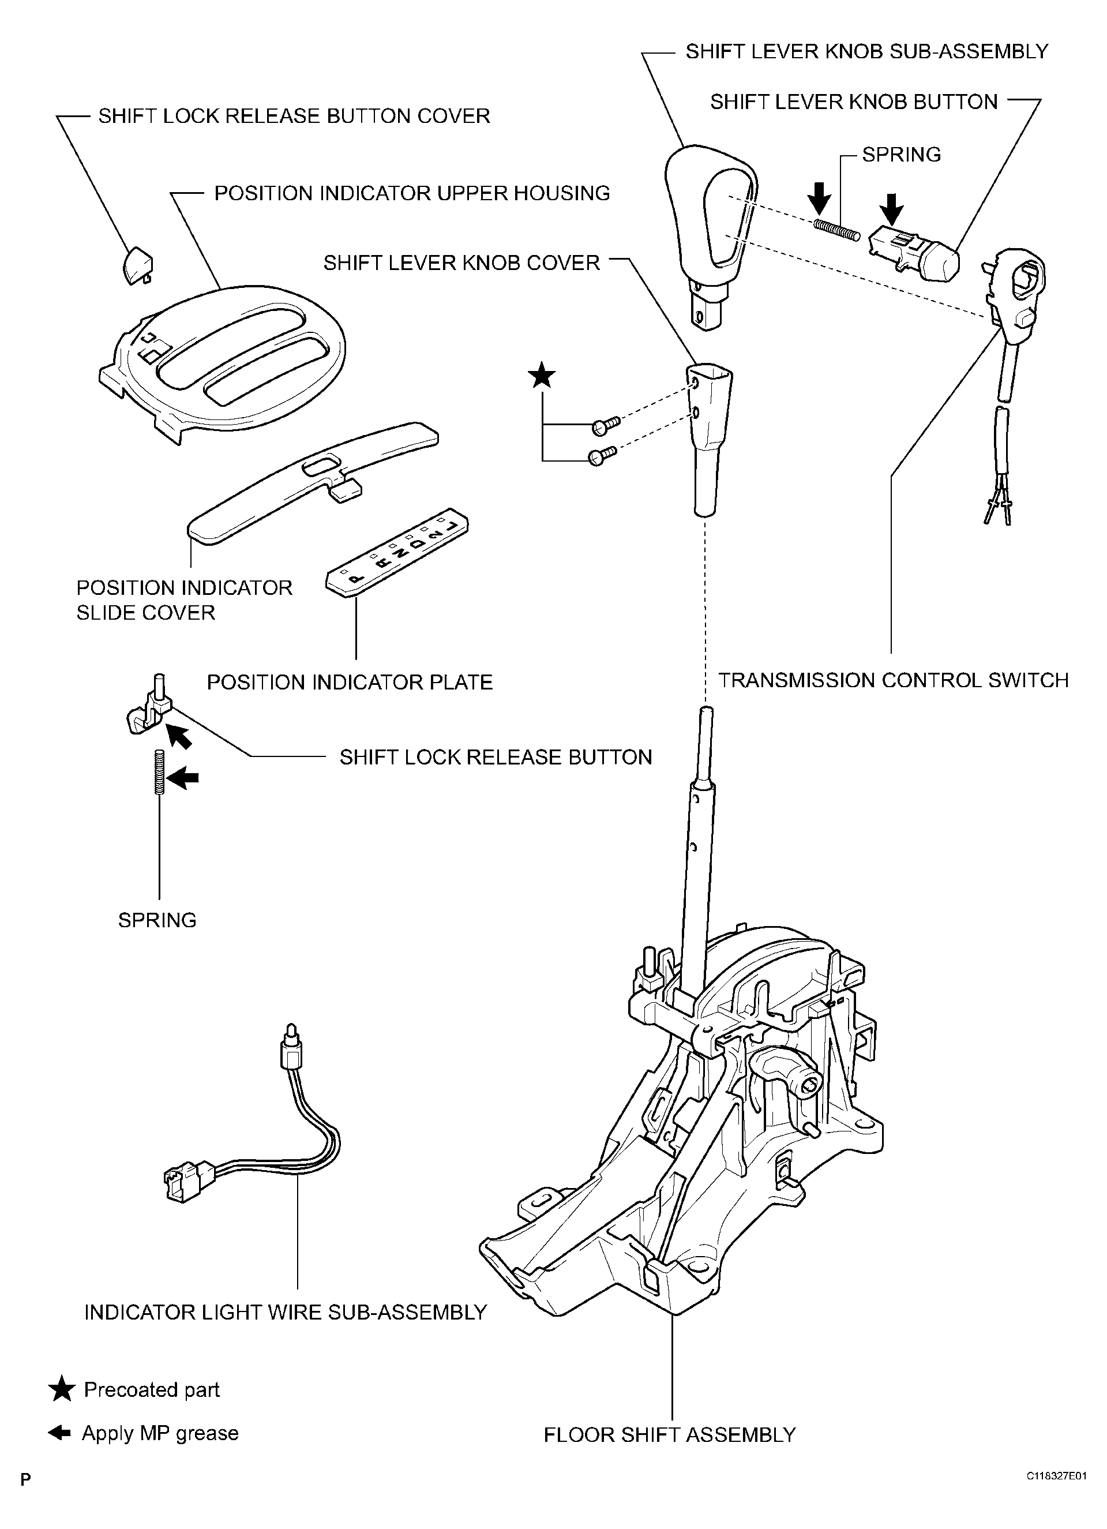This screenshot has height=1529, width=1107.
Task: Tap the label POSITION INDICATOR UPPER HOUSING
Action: coord(412,193)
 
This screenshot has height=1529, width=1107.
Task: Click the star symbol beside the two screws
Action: coord(542,376)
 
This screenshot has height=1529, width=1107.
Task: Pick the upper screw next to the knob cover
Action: coord(605,425)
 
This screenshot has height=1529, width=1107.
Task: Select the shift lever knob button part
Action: coord(914,254)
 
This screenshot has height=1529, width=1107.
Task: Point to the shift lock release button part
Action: coord(149,710)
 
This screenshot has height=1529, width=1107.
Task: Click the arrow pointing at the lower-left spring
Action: coord(183,779)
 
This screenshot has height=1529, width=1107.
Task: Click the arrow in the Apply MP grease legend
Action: coord(60,1433)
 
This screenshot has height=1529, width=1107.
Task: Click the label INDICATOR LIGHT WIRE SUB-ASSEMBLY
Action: coord(285,1313)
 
